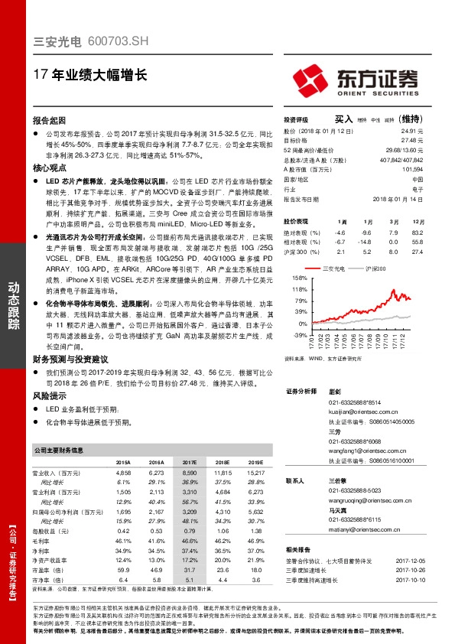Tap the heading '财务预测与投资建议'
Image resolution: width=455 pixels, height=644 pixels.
coord(70,359)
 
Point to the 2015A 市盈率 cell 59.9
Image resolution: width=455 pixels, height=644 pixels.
coord(123,571)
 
